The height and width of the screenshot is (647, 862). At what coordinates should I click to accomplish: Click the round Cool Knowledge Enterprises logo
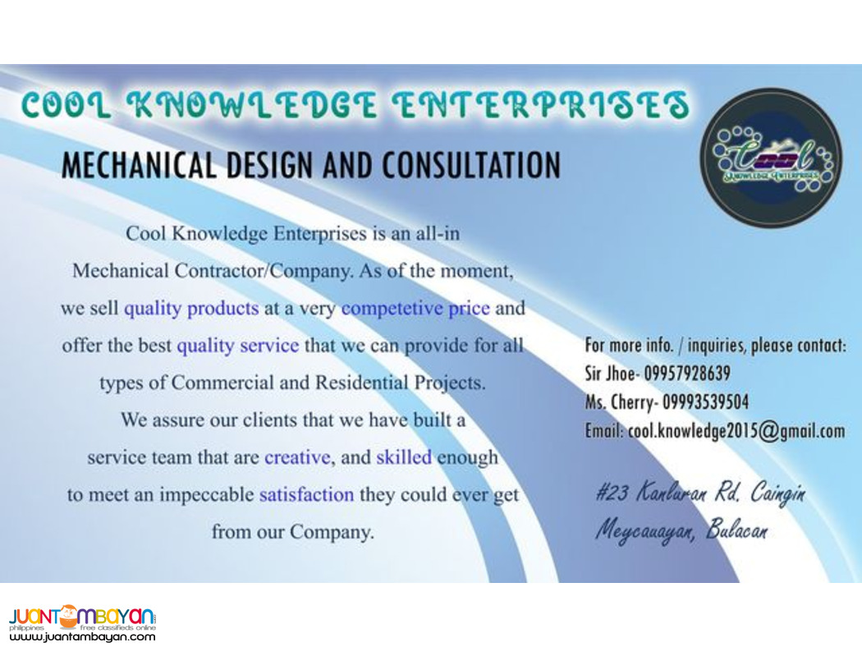click(770, 157)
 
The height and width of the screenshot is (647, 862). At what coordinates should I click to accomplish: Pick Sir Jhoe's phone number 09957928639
click(687, 374)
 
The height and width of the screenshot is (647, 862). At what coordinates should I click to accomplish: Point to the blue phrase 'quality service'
click(237, 346)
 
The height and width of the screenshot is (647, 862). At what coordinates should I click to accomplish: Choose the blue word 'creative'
click(296, 457)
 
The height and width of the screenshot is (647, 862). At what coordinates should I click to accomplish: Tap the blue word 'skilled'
click(403, 457)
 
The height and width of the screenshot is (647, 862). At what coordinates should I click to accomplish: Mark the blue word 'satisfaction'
click(306, 495)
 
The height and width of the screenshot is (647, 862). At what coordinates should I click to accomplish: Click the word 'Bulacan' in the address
click(740, 530)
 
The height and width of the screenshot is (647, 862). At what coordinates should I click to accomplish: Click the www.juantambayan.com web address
click(82, 636)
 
